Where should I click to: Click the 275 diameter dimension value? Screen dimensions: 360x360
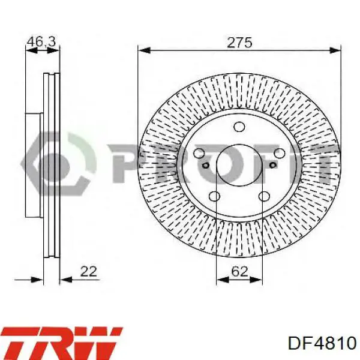[x=239, y=43]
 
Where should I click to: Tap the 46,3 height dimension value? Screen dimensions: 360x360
[x=41, y=41]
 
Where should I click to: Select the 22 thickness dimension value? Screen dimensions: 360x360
[x=89, y=271]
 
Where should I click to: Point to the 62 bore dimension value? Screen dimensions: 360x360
[x=239, y=272]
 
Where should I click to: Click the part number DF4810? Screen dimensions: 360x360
[x=322, y=344]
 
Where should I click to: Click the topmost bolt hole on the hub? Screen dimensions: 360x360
[x=239, y=127]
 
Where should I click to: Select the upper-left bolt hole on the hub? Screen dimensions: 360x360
[x=199, y=153]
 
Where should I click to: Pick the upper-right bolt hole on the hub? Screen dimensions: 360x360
[x=280, y=154]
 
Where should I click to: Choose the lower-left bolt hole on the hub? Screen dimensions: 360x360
[x=214, y=196]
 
